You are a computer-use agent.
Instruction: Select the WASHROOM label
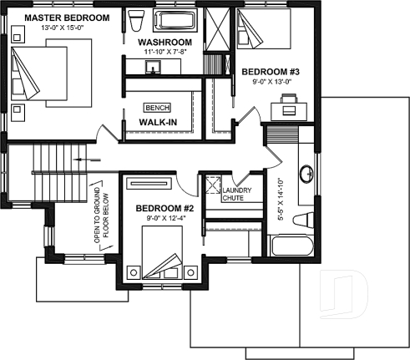click(165, 42)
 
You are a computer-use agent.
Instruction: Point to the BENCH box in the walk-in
click(157, 108)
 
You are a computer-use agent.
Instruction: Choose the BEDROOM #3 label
click(270, 73)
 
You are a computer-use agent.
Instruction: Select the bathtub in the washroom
click(177, 21)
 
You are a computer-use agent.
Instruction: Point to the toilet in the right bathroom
click(304, 221)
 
